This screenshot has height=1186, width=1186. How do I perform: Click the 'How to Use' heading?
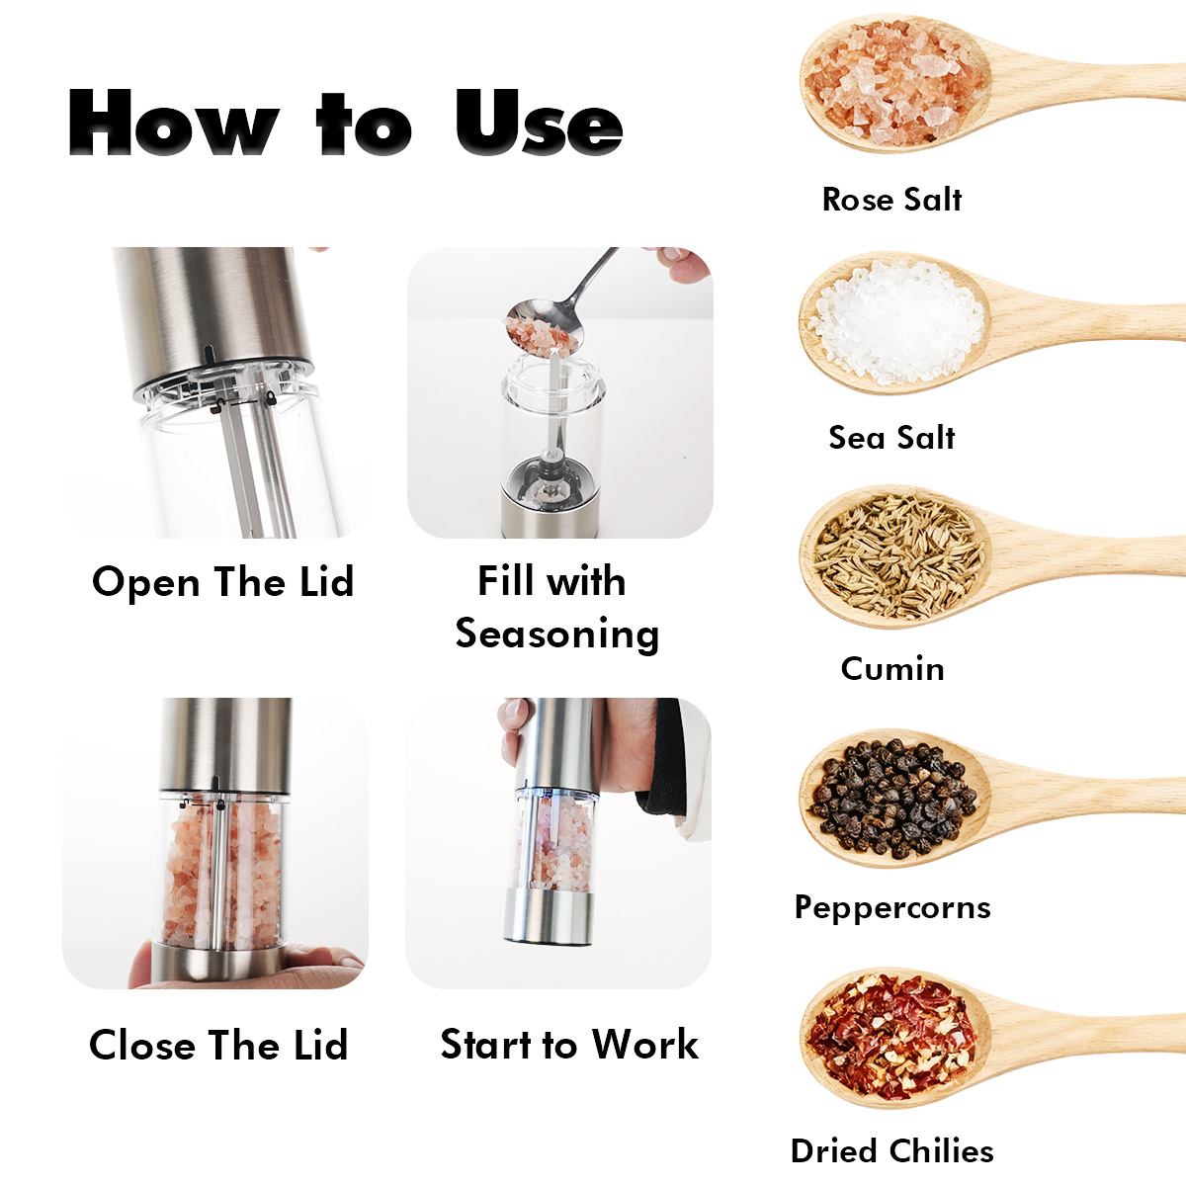pyautogui.click(x=345, y=122)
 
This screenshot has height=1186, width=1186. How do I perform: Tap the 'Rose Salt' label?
pyautogui.click(x=891, y=200)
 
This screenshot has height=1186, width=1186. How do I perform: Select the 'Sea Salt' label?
pyautogui.click(x=891, y=438)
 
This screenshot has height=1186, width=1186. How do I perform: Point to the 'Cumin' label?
pyautogui.click(x=892, y=668)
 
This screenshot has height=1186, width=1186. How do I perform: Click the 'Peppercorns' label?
pyautogui.click(x=892, y=908)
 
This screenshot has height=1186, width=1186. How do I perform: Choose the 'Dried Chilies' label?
pyautogui.click(x=892, y=1151)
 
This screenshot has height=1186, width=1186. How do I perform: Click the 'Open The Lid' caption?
pyautogui.click(x=222, y=582)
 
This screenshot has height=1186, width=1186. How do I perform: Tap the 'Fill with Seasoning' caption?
pyautogui.click(x=557, y=607)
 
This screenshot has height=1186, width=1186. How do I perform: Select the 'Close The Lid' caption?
pyautogui.click(x=219, y=1045)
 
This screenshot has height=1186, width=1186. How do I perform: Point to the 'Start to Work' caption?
pyautogui.click(x=570, y=1045)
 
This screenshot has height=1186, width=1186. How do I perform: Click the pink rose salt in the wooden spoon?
pyautogui.click(x=893, y=85)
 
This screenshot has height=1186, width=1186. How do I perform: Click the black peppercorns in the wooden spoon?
pyautogui.click(x=893, y=799)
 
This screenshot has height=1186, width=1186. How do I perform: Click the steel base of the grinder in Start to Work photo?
pyautogui.click(x=549, y=917)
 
